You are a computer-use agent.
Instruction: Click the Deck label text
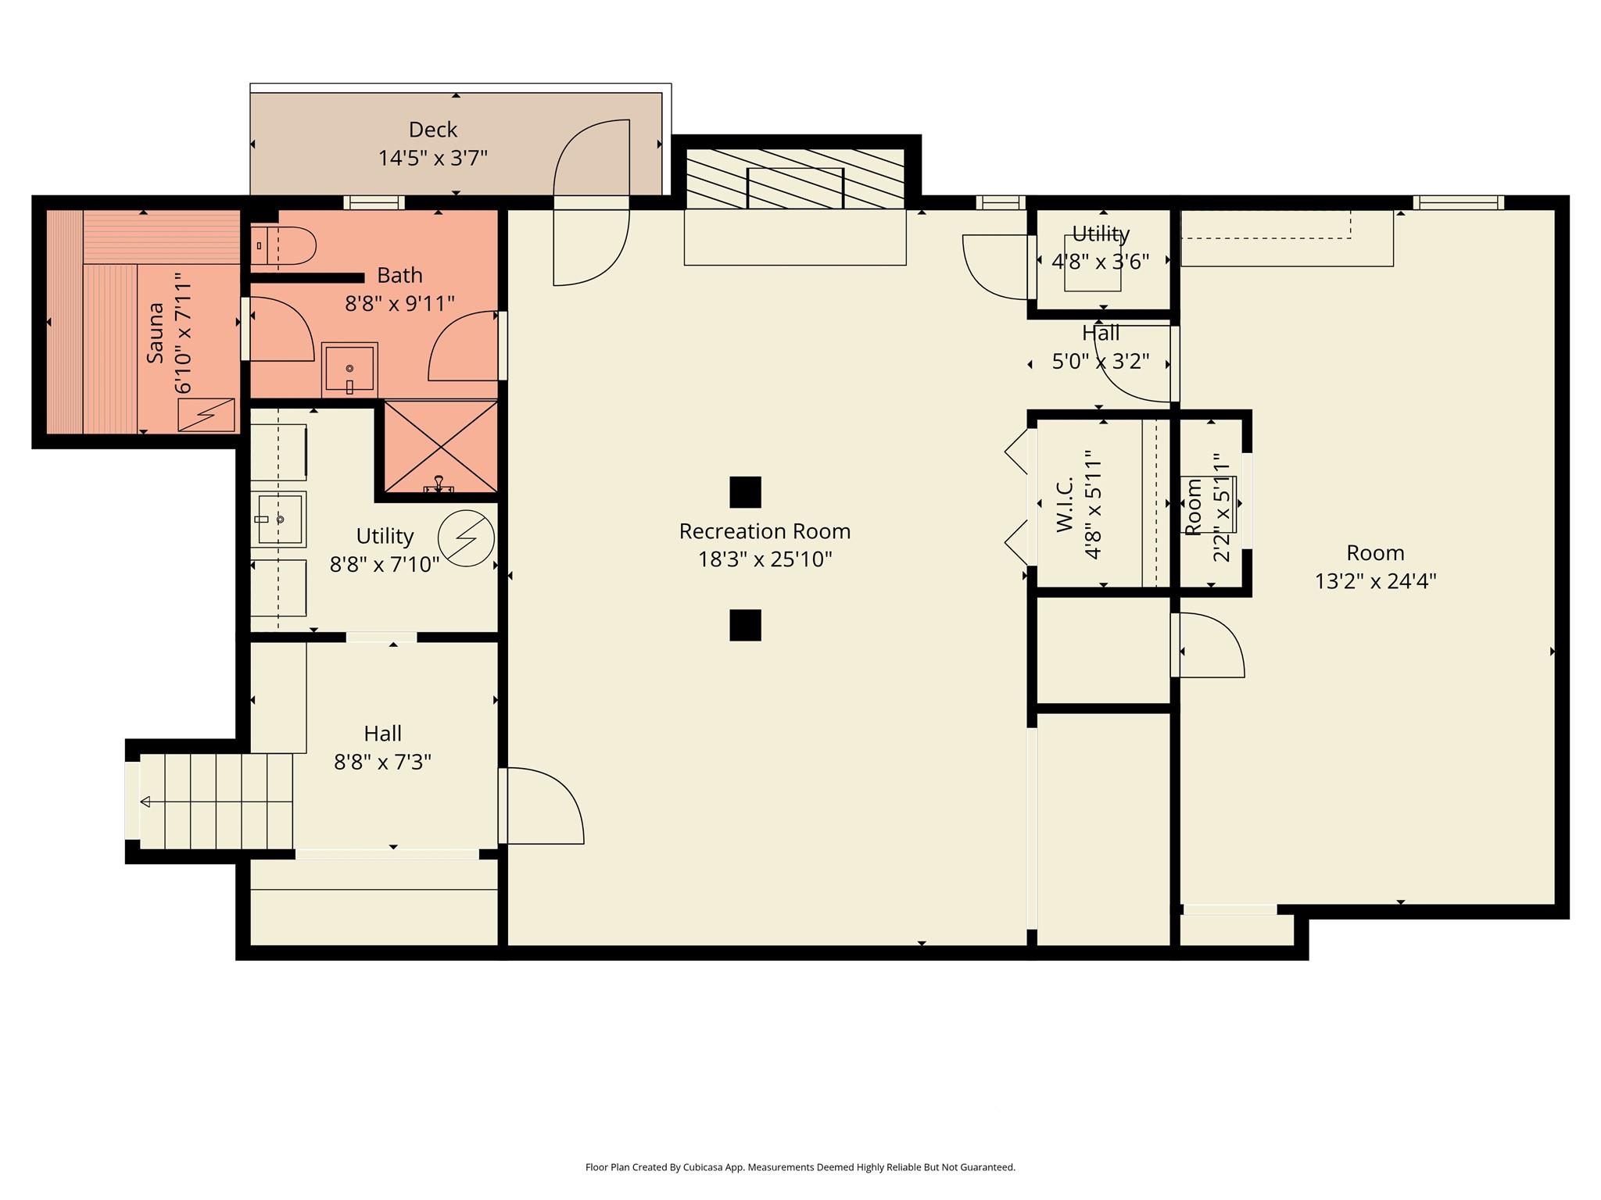point(432,130)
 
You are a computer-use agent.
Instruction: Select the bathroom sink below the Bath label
point(349,370)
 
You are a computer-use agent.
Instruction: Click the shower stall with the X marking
point(441,446)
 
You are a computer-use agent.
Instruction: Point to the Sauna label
point(156,332)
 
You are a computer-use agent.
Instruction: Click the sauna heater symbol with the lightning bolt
point(206,415)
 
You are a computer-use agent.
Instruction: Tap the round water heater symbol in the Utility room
point(466,538)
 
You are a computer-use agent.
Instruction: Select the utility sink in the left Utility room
point(278,519)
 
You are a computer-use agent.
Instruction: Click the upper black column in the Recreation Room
point(745,492)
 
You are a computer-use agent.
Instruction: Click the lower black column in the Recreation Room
point(745,625)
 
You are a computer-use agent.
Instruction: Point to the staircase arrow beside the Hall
point(146,802)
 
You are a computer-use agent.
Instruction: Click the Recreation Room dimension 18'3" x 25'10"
point(765,559)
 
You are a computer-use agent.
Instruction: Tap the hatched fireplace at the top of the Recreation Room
point(795,179)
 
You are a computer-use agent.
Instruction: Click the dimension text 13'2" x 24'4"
point(1375,581)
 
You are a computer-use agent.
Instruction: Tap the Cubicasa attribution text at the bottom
point(800,1167)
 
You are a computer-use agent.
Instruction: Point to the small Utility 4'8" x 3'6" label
point(1100,234)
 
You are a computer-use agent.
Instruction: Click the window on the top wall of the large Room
point(1460,202)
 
